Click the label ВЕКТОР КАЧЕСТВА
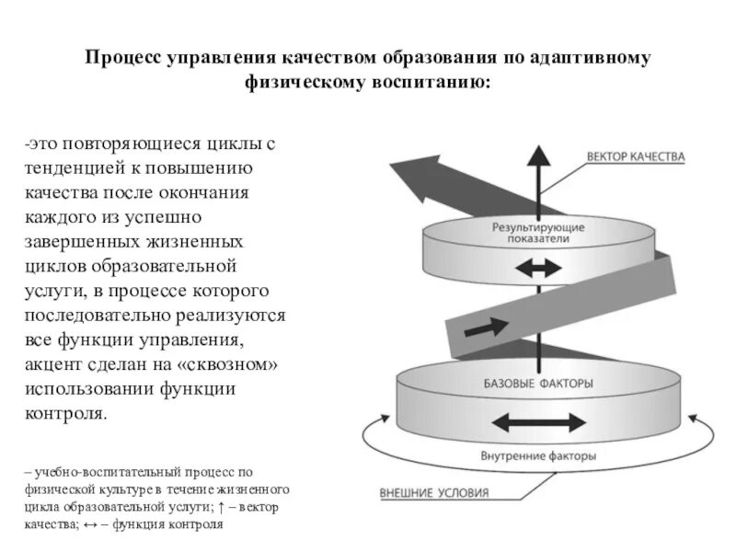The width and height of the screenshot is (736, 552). pos(636,157)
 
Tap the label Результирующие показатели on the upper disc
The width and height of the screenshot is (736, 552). pos(538,232)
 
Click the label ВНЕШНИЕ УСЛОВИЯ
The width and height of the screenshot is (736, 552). pos(434,492)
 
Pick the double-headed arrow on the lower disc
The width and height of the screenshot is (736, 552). pos(538,421)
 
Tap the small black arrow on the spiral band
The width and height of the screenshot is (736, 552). pos(487,328)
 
